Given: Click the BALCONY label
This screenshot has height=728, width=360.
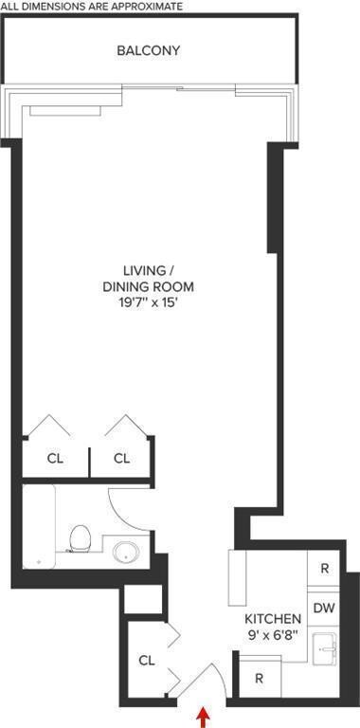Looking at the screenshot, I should coord(148,50).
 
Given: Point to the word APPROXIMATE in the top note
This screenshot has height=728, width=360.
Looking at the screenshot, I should coord(142,6).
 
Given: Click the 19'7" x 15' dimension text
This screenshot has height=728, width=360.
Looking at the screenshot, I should coord(148,303).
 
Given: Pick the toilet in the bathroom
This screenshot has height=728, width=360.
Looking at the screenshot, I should coord(81,540).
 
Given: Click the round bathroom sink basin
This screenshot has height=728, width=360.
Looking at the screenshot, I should coord(125,551).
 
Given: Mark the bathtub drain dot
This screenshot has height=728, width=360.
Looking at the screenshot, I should coord(38,561).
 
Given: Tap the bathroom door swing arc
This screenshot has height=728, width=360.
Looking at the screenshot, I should coord(128,507).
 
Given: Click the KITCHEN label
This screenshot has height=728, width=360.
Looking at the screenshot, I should coord(272,619).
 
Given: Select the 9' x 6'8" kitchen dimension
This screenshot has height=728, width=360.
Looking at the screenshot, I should coord(272,635).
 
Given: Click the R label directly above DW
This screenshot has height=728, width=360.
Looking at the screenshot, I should coord(324,569).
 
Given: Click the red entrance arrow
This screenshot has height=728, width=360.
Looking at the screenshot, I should coord(201,714).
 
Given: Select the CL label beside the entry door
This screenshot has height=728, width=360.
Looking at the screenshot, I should coord(147,660).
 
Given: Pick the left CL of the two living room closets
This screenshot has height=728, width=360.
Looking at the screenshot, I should coord(55,459).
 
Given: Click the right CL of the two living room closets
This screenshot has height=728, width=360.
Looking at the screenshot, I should coord(121,459).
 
